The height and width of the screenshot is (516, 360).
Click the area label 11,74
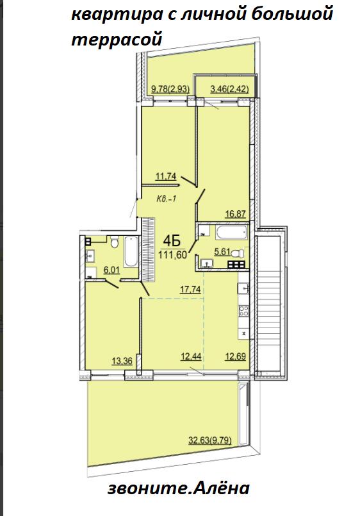[x=166, y=177]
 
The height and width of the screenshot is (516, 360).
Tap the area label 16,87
[x=235, y=214]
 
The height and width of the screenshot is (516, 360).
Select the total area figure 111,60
[x=172, y=254]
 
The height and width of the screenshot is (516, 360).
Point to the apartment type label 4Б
[x=172, y=242]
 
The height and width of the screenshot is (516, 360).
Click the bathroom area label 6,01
[x=111, y=270]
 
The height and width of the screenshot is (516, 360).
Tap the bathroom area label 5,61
[x=222, y=253]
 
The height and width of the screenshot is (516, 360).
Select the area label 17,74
[x=190, y=289]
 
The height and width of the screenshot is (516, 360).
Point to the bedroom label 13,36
[x=122, y=361]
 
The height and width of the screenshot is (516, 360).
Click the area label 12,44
[x=191, y=356]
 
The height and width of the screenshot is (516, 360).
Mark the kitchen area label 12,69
[x=235, y=356]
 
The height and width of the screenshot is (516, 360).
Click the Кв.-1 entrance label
[x=167, y=199]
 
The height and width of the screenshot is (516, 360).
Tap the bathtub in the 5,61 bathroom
[x=231, y=232]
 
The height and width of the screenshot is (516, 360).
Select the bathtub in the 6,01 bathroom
[x=131, y=252]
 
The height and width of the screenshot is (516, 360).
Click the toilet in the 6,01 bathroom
[x=115, y=242]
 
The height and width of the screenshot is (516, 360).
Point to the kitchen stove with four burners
[x=244, y=311]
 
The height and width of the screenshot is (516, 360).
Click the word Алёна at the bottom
[x=220, y=488]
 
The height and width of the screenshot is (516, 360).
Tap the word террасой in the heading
[x=117, y=39]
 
